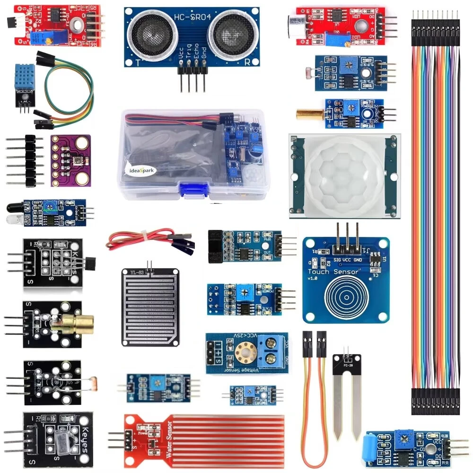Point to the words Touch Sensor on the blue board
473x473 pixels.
tap(333, 272)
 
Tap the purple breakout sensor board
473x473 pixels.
tap(70, 160)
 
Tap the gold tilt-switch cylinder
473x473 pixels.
tap(309, 114)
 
